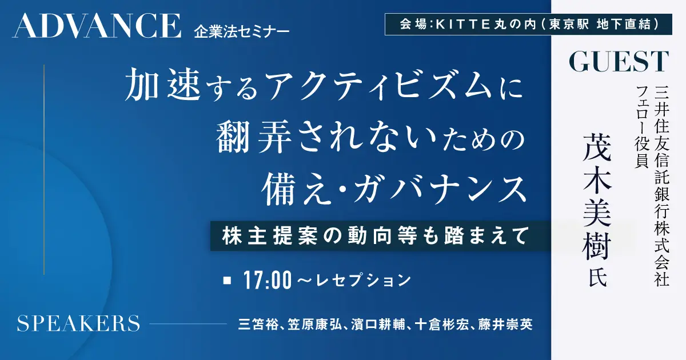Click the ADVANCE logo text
coord(97,26)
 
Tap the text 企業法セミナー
coord(242,32)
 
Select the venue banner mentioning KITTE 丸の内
coord(528,24)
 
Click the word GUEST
coord(619,62)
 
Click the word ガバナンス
coord(439,190)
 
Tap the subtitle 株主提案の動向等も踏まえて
coord(376,235)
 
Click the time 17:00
coord(268,281)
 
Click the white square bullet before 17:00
coord(227,281)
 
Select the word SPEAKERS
coord(78,323)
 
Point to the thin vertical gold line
coord(44,170)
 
